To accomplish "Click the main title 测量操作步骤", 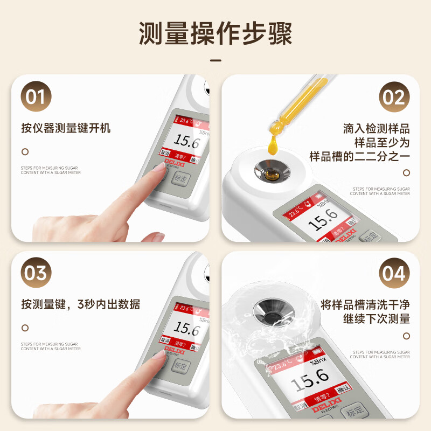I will (215, 33).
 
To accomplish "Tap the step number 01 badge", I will (36, 97).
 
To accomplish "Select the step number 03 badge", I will (36, 273).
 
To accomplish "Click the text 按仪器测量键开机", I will (66, 128).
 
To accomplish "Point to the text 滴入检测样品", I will (376, 129).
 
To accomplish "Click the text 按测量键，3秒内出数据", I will (81, 304).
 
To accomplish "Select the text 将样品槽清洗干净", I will (365, 303).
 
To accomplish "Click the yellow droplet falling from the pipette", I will (272, 144).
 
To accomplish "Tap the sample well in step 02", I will (272, 172).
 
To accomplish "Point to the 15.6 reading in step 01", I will (186, 143).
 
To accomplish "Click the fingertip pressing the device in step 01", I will (158, 169).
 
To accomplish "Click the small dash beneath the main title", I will (215, 60).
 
